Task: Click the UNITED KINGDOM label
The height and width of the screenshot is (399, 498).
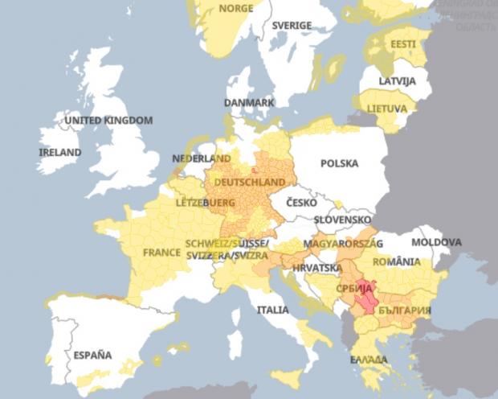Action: (x=108, y=121)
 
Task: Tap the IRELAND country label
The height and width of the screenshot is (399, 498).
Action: (x=60, y=152)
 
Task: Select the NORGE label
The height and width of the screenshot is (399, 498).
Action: (x=236, y=9)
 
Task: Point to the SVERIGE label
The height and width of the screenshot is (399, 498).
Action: (x=291, y=26)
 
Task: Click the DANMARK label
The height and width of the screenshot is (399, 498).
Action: (x=249, y=103)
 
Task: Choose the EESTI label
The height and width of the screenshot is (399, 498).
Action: (x=403, y=43)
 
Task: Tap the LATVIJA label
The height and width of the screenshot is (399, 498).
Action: (x=398, y=82)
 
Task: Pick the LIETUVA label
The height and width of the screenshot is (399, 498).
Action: (x=386, y=108)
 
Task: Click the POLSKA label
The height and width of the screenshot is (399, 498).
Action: (x=339, y=163)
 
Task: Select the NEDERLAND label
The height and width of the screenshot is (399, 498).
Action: (x=202, y=158)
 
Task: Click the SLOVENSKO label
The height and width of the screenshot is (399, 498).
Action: (x=342, y=219)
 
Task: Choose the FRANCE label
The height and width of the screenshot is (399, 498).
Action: (x=161, y=252)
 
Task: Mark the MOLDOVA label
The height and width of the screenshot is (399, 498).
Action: (x=436, y=242)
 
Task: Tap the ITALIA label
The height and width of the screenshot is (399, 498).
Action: (x=272, y=310)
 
